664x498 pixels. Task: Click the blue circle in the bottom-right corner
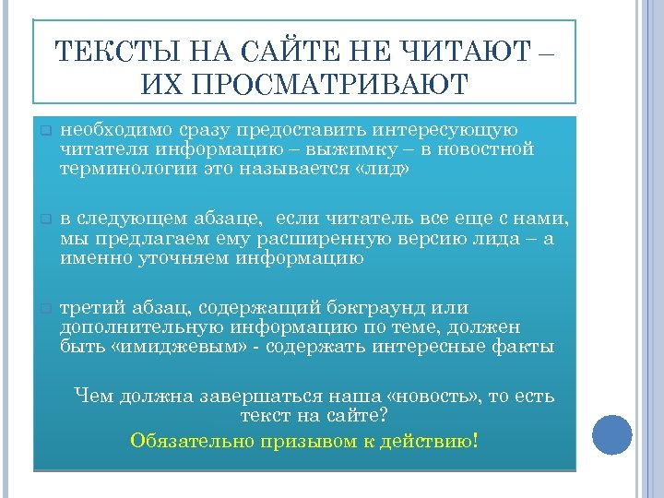(611, 434)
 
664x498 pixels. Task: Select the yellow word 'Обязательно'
(188, 440)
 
